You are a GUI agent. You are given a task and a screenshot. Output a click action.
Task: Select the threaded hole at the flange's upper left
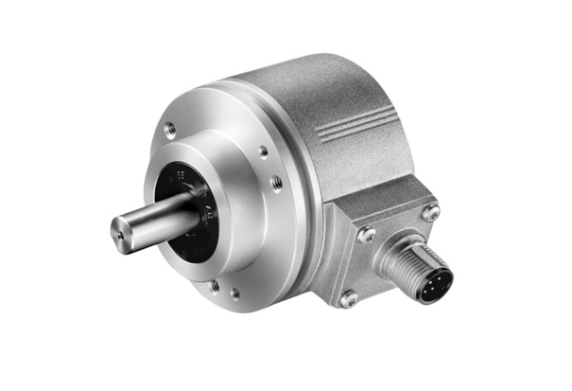tap(170, 130)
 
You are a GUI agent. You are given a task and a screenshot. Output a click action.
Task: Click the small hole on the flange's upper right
tap(263, 151)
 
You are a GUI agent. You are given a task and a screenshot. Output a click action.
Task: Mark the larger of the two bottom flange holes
tap(215, 285)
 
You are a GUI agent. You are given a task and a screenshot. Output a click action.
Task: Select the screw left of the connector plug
tap(366, 234)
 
